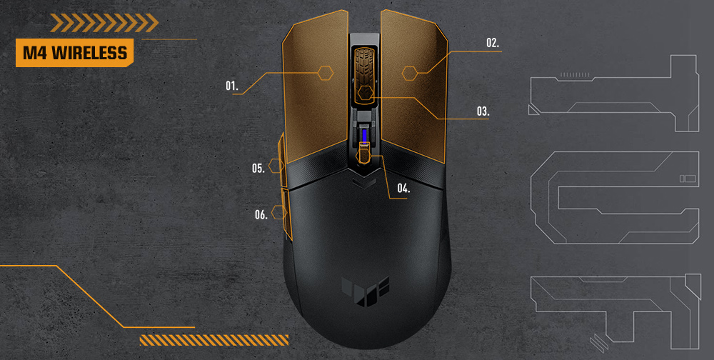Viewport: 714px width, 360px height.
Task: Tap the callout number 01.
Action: point(231,86)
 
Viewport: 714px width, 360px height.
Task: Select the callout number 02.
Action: point(493,43)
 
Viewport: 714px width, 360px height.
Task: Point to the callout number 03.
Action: point(483,111)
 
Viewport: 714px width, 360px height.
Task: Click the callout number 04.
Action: point(404,189)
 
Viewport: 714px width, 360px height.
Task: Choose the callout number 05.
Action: point(258,168)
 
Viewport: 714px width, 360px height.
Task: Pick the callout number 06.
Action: point(261,214)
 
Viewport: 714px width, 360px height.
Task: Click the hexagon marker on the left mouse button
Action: point(326,71)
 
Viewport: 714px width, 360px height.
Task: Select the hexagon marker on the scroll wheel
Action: point(366,92)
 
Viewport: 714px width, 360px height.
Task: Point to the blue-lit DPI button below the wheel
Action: point(365,135)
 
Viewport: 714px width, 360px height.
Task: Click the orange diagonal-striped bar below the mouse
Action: point(213,339)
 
